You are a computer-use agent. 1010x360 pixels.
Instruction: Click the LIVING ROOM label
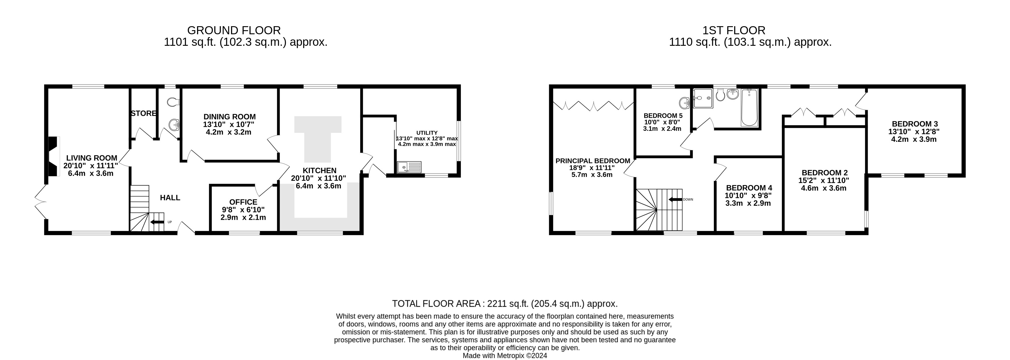(x=91, y=158)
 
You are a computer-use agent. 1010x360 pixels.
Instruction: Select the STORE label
(x=143, y=113)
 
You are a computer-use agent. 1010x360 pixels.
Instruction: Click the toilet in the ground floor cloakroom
(x=173, y=102)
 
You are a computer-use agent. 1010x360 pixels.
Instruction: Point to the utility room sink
(x=409, y=167)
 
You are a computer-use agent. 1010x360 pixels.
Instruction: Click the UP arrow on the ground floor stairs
(x=157, y=222)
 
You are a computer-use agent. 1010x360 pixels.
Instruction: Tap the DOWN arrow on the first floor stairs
(x=675, y=200)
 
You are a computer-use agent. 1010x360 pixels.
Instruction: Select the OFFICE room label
(x=243, y=202)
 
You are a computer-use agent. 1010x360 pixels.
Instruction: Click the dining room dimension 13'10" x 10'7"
(x=229, y=124)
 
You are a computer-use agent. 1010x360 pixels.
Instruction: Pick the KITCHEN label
(x=319, y=170)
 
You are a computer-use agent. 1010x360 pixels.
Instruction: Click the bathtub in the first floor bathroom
(x=749, y=108)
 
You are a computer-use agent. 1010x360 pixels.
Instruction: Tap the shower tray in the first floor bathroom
(x=703, y=98)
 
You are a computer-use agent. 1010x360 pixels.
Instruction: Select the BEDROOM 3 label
(x=914, y=124)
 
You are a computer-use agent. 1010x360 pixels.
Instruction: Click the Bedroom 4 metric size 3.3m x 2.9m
(x=748, y=203)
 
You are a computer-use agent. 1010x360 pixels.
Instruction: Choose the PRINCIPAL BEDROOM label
(x=592, y=161)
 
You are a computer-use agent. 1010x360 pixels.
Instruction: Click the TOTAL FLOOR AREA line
(x=505, y=304)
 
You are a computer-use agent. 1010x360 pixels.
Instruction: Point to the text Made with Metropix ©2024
(x=505, y=356)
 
